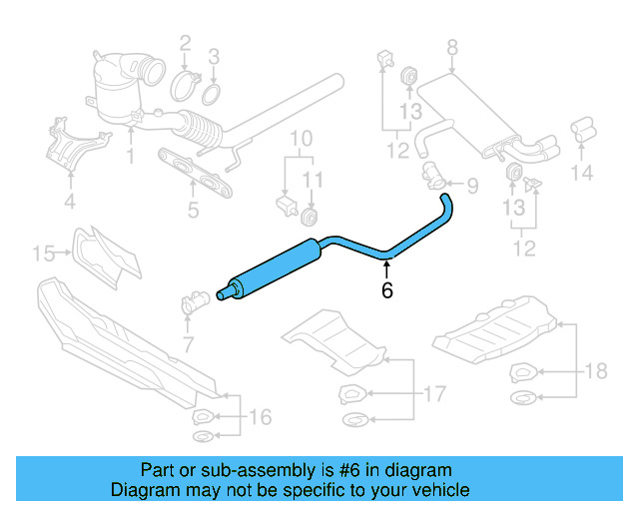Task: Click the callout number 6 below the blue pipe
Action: [387, 290]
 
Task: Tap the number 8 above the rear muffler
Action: [451, 46]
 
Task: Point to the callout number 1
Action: [130, 157]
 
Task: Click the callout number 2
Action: [185, 42]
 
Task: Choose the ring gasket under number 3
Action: [212, 95]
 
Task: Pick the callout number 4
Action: [69, 204]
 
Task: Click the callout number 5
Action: [192, 210]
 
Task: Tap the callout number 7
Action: [187, 344]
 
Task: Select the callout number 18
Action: [595, 372]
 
